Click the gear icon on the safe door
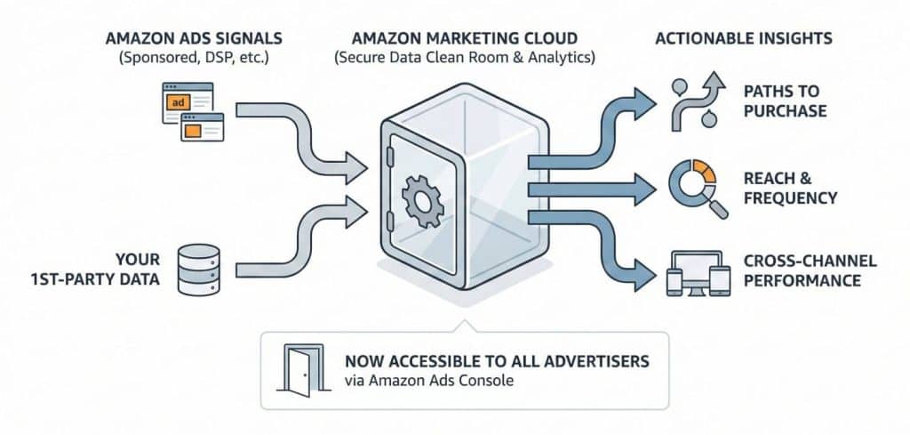tap(421, 198)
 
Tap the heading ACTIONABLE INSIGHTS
tap(743, 39)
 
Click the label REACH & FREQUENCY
tap(790, 188)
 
